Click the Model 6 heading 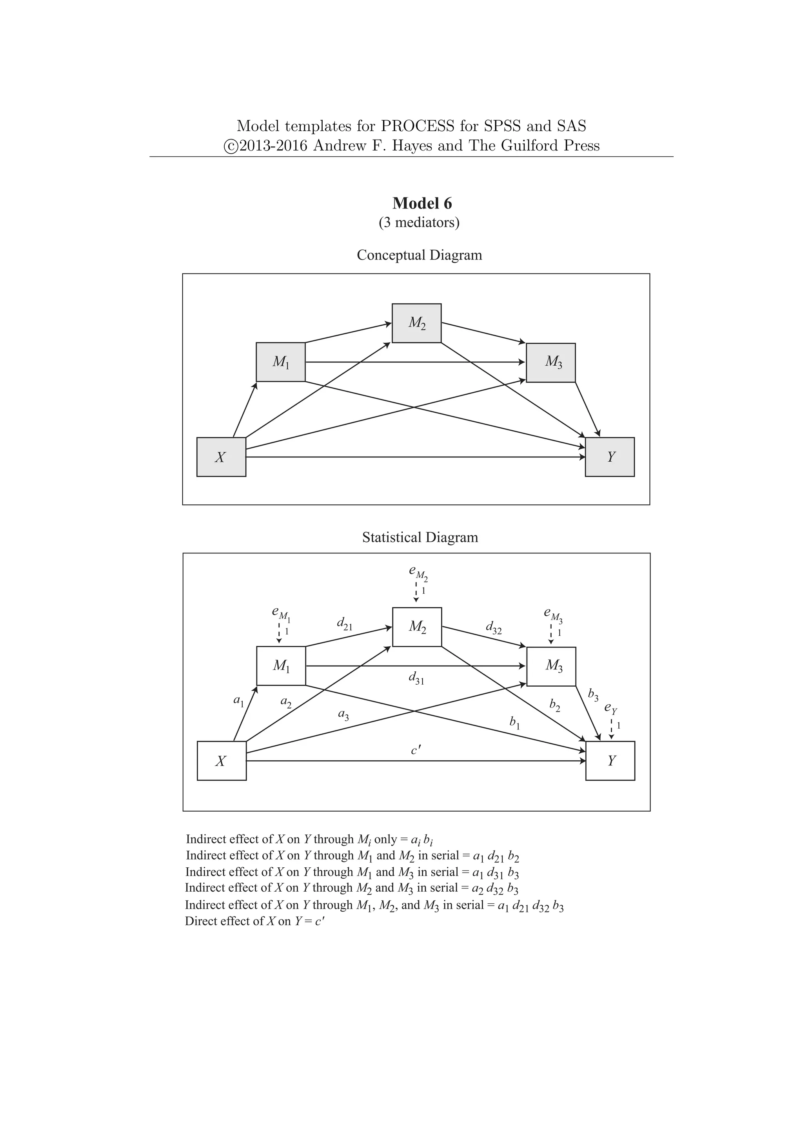point(422,203)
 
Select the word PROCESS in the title point(417,126)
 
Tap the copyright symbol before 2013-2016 point(231,146)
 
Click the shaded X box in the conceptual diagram point(221,457)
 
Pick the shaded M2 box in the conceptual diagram point(416,323)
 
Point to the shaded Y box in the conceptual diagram point(610,457)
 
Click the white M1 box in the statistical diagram point(281,665)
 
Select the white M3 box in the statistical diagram point(551,666)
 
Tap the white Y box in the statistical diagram point(610,760)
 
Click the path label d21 point(345,624)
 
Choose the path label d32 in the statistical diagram point(494,628)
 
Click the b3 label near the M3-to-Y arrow point(593,695)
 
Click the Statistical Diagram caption point(420,537)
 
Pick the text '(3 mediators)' point(419,223)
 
